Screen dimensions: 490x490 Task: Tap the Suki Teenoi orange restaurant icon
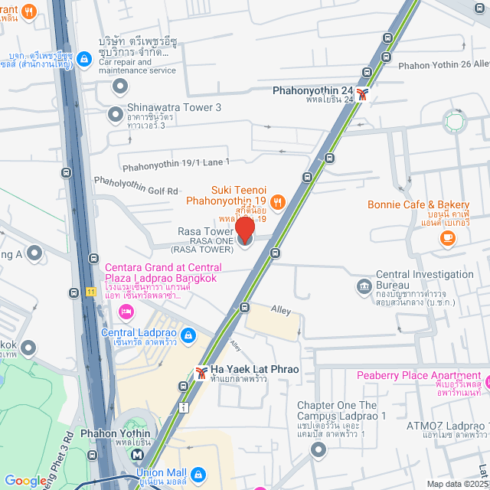point(277,202)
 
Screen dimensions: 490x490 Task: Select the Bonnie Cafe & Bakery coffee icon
point(448,238)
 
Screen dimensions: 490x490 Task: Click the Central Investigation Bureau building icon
point(364,287)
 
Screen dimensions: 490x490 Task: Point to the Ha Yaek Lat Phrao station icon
point(201,372)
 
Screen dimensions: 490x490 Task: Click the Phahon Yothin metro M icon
point(136,454)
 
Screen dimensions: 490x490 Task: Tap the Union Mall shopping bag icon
point(198,475)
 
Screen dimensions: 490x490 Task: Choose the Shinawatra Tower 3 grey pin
point(116,115)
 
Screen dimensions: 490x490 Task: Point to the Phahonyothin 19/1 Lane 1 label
point(175,162)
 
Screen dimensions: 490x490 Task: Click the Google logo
point(25,481)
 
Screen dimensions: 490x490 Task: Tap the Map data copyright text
point(456,484)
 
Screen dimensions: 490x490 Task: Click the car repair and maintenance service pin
point(119,86)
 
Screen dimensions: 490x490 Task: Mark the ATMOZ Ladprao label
point(449,425)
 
